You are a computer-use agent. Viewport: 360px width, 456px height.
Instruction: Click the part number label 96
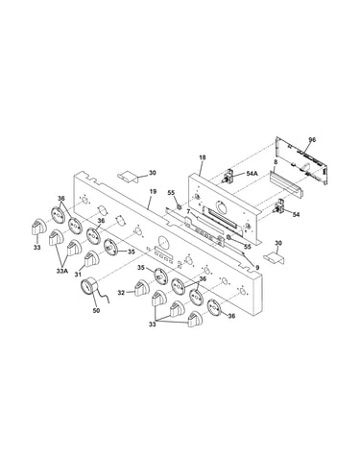click(x=312, y=139)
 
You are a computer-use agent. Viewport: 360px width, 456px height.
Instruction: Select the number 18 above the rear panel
click(x=202, y=157)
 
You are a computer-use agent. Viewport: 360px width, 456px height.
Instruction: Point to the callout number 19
click(x=153, y=191)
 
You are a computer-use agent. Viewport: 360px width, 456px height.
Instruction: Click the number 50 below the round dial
click(x=96, y=310)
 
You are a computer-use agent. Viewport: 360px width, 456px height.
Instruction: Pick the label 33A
click(x=62, y=271)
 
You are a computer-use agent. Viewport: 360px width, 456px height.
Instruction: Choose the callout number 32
click(x=121, y=292)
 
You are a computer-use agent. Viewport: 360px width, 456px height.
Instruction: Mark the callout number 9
click(x=257, y=267)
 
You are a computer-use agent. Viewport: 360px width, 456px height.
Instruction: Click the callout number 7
click(x=188, y=211)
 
